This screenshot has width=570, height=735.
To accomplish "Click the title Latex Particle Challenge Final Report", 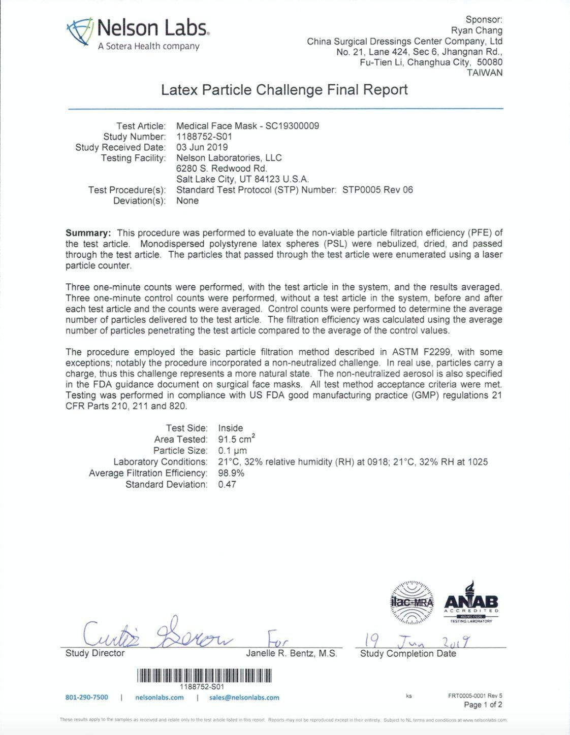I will (284, 90).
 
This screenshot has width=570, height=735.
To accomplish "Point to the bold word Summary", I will (88, 233).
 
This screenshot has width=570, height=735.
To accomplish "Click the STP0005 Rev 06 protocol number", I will (377, 190).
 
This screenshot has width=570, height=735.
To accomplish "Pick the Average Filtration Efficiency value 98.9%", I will (231, 473).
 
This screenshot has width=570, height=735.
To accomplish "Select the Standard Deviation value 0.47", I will (227, 484).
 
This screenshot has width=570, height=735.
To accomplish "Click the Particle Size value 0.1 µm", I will (233, 451).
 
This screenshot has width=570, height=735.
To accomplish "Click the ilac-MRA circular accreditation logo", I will (411, 603).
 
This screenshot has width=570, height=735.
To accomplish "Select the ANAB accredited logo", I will (471, 603).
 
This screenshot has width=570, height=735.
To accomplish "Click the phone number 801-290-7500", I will (87, 697).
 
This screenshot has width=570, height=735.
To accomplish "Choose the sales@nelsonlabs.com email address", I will (244, 697).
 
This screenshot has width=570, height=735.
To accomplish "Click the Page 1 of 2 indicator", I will (483, 705).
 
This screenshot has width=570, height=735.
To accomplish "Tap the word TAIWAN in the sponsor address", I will (485, 73).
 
